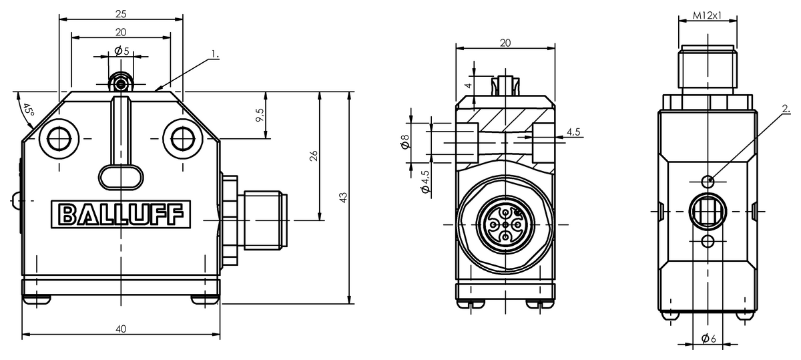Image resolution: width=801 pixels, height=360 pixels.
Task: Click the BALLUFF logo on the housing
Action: pos(121,215)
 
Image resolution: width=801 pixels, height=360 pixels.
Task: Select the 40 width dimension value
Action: pos(121,329)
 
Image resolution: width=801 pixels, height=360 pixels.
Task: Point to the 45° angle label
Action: pos(28,114)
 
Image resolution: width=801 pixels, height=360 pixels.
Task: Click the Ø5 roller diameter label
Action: pos(121,51)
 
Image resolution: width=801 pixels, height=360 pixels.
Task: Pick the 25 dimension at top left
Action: pos(121,13)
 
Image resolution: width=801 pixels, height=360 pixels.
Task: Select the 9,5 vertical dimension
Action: pos(260,115)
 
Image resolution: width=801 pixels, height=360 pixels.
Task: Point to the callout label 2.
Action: pos(786,108)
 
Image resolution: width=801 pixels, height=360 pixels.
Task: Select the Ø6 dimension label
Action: pos(708,339)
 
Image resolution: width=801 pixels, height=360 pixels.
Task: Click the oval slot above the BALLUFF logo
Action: pos(121,177)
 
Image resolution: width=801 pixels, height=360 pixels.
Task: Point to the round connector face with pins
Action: pos(505,228)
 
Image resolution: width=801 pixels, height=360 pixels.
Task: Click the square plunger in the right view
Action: pos(708,211)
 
